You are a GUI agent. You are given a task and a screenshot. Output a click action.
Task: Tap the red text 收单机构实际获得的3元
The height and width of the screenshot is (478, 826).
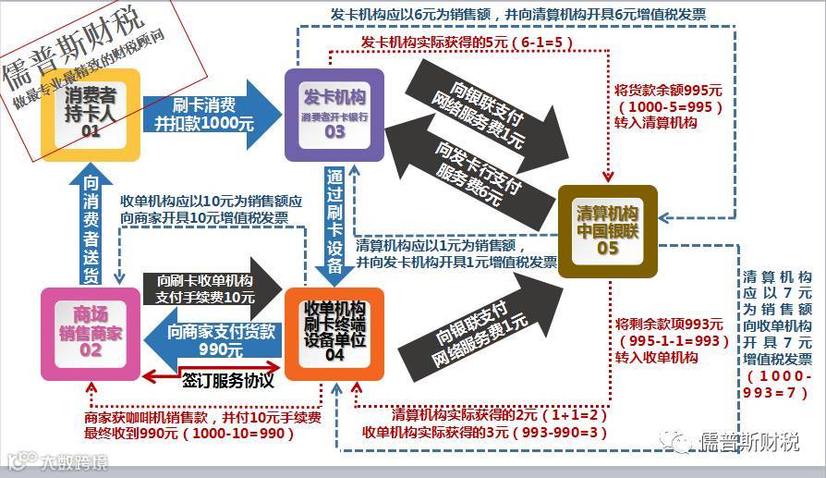point(485,432)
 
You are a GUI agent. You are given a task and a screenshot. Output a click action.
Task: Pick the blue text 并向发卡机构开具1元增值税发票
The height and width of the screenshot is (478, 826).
point(457,263)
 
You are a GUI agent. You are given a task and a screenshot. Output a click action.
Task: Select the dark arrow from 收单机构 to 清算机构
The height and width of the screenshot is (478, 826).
point(480,319)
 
